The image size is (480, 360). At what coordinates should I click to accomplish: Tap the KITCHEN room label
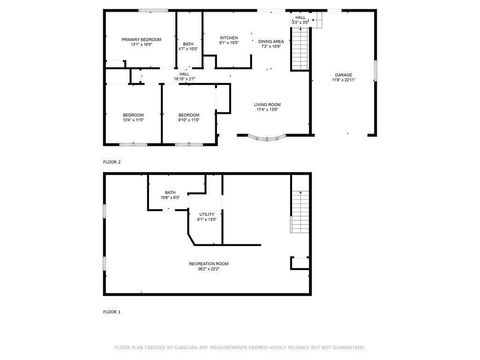pyautogui.click(x=229, y=39)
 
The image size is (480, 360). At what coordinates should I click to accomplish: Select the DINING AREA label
pyautogui.click(x=271, y=43)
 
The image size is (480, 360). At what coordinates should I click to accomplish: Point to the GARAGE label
pyautogui.click(x=343, y=77)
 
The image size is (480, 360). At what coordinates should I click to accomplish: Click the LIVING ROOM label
pyautogui.click(x=265, y=106)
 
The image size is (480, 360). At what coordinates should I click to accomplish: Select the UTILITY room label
pyautogui.click(x=207, y=215)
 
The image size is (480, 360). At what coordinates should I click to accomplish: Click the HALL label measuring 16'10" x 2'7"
pyautogui.click(x=185, y=76)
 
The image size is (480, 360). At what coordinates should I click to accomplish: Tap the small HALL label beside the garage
pyautogui.click(x=300, y=19)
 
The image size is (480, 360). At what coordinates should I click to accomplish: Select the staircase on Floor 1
pyautogui.click(x=297, y=210)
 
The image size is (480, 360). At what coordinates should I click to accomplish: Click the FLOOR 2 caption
pyautogui.click(x=112, y=161)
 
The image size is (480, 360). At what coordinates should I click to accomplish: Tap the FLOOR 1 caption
pyautogui.click(x=112, y=312)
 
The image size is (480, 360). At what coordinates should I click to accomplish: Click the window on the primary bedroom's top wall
pyautogui.click(x=153, y=11)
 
